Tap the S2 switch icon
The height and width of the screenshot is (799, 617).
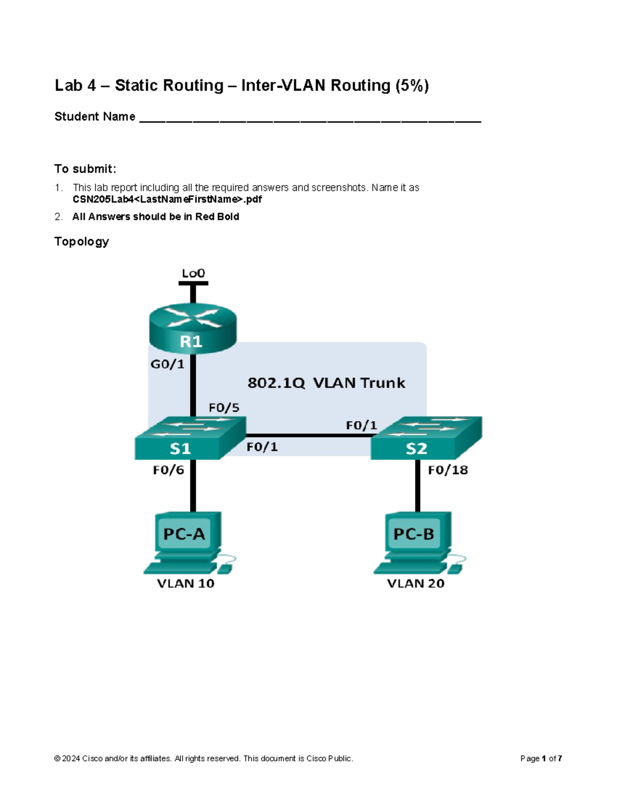[426, 438]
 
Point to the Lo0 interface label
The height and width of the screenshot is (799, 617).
[193, 273]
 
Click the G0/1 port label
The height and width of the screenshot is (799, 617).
[167, 364]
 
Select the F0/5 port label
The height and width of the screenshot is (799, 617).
[224, 408]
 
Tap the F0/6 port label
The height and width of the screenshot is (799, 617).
[168, 470]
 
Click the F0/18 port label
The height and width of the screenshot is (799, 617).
[448, 470]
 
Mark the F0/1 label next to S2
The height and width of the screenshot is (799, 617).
[361, 425]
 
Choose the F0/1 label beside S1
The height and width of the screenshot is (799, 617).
[262, 447]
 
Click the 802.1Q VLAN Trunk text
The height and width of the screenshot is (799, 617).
[326, 383]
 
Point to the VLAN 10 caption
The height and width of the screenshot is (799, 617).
[186, 583]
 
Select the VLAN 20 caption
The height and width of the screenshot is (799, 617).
[415, 583]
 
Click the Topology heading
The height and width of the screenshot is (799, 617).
[82, 242]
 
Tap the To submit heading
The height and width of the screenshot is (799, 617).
[85, 169]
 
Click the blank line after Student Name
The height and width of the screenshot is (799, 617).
[310, 118]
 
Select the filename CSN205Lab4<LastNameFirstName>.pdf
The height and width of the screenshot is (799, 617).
[167, 199]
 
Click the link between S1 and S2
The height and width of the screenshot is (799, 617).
[308, 435]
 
